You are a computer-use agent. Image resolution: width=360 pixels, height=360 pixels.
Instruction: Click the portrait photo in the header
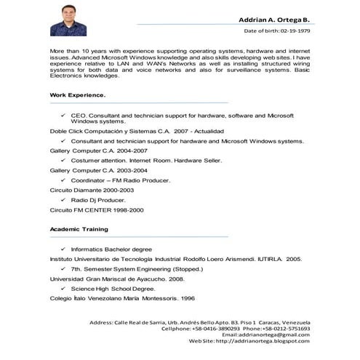[x=68, y=19]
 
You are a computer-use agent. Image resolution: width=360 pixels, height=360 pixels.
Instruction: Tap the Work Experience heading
[x=77, y=95]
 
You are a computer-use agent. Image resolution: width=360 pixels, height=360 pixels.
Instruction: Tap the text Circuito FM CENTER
[x=79, y=209]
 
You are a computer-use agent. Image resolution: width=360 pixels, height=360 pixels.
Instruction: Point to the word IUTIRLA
[x=264, y=259]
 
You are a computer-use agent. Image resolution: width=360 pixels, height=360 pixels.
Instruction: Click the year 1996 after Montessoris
[x=188, y=299]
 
